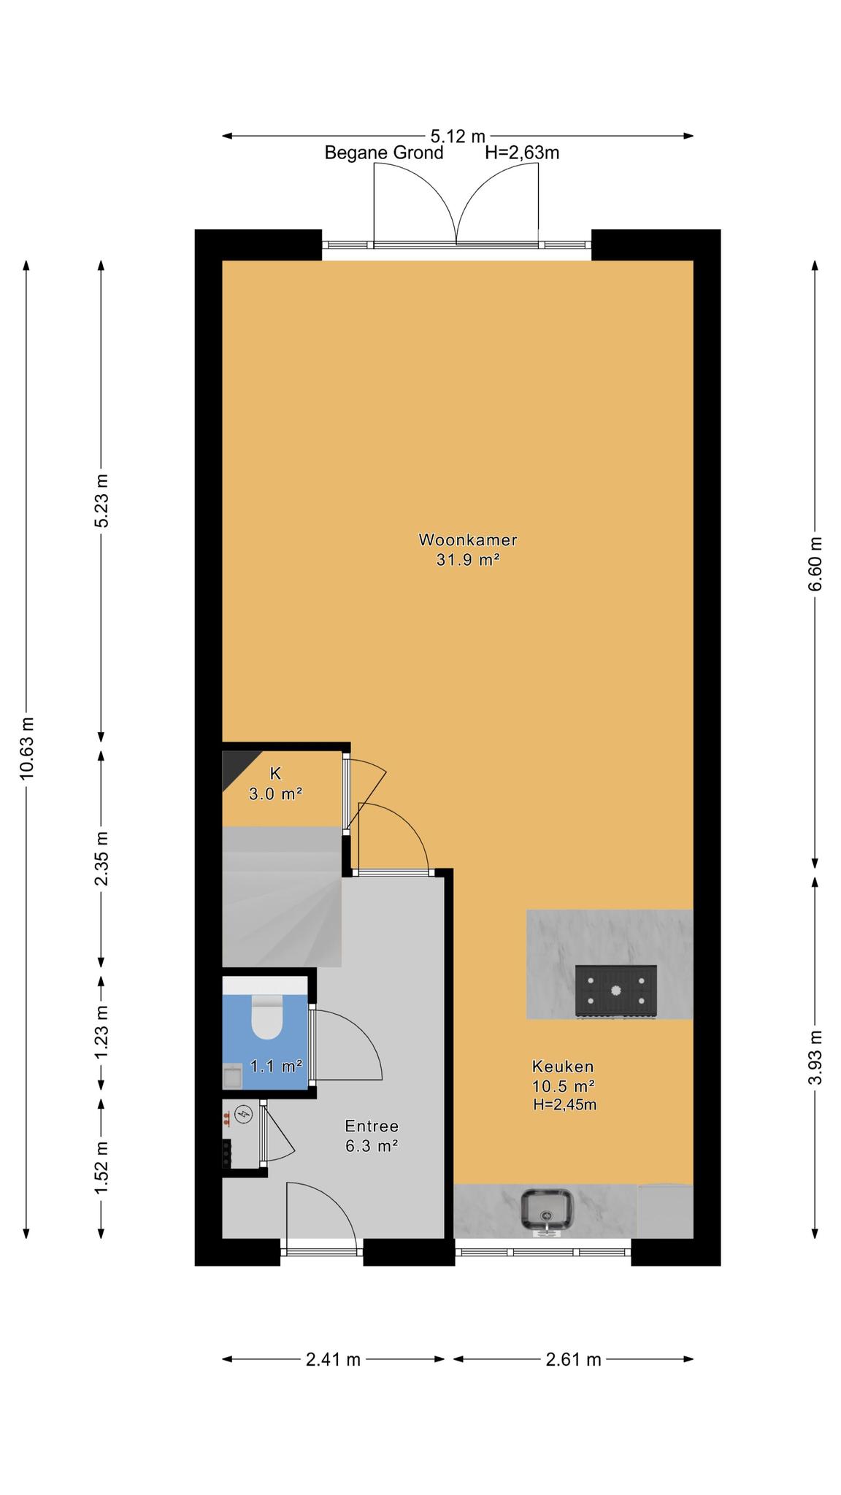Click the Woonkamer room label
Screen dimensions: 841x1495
point(467,540)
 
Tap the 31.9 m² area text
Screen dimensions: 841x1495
point(467,560)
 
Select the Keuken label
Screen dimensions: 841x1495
point(562,1067)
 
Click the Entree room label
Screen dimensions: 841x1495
point(372,1126)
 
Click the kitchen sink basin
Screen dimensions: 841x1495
point(548,1210)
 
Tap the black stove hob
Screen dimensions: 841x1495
point(615,991)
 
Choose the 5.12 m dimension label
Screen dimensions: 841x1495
point(458,136)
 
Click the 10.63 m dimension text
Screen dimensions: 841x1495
point(27,748)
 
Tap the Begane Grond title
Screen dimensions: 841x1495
point(384,153)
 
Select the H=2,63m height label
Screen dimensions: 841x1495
point(522,153)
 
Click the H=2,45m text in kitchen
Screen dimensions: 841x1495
point(564,1105)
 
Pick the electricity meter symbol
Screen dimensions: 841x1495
point(246,1115)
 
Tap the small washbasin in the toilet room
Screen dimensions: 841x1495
point(233,1077)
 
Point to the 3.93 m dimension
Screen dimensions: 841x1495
point(815,1057)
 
